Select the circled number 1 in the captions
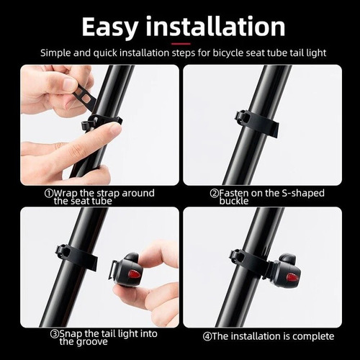coord(48,193)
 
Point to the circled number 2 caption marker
coord(215,193)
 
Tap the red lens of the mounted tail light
coord(292,276)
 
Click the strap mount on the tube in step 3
coord(66,253)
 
